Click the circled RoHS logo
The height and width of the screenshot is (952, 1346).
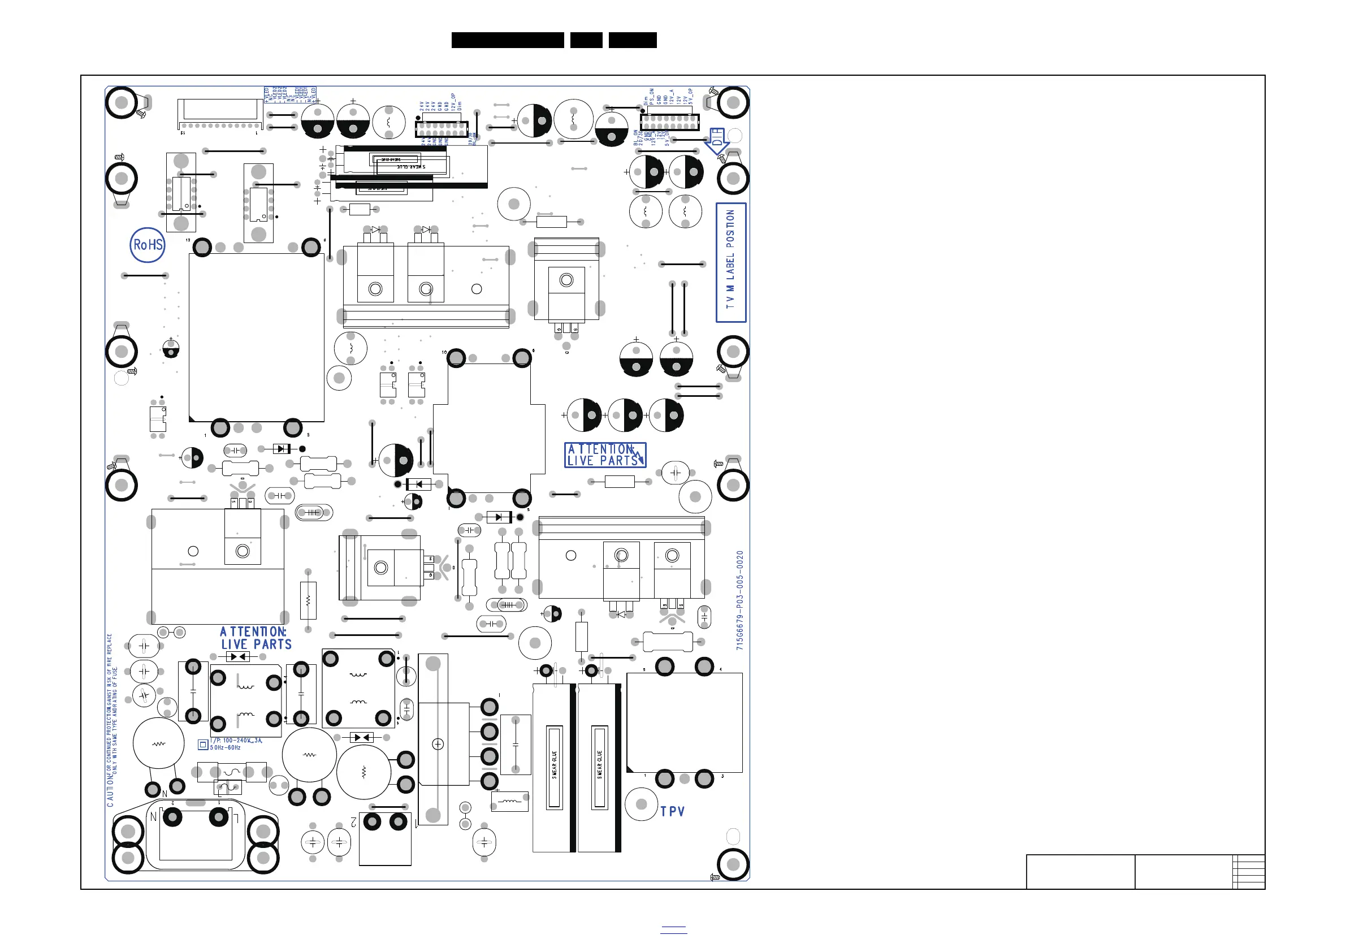(147, 245)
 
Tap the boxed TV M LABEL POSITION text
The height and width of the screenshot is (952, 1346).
(730, 262)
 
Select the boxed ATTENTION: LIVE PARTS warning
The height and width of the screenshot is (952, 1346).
(604, 455)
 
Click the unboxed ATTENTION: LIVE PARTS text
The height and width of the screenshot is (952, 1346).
(255, 638)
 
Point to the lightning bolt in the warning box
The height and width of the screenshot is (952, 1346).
(639, 456)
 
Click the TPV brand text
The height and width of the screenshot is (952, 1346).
(672, 812)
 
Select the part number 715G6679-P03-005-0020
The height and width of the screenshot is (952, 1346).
(740, 600)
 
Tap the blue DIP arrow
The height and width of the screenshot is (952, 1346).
(717, 141)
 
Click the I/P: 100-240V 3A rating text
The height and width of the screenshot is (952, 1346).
(236, 741)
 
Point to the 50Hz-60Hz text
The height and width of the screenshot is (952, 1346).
(226, 748)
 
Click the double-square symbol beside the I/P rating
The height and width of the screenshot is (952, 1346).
(203, 745)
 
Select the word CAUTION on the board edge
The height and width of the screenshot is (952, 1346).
(110, 792)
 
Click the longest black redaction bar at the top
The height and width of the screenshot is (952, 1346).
(507, 40)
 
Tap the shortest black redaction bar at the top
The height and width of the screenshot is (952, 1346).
(586, 40)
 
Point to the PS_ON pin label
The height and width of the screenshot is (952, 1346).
(652, 97)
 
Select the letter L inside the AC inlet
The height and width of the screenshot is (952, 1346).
(236, 816)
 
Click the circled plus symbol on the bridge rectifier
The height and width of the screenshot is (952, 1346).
(438, 745)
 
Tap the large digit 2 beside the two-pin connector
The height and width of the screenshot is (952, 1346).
(353, 822)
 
